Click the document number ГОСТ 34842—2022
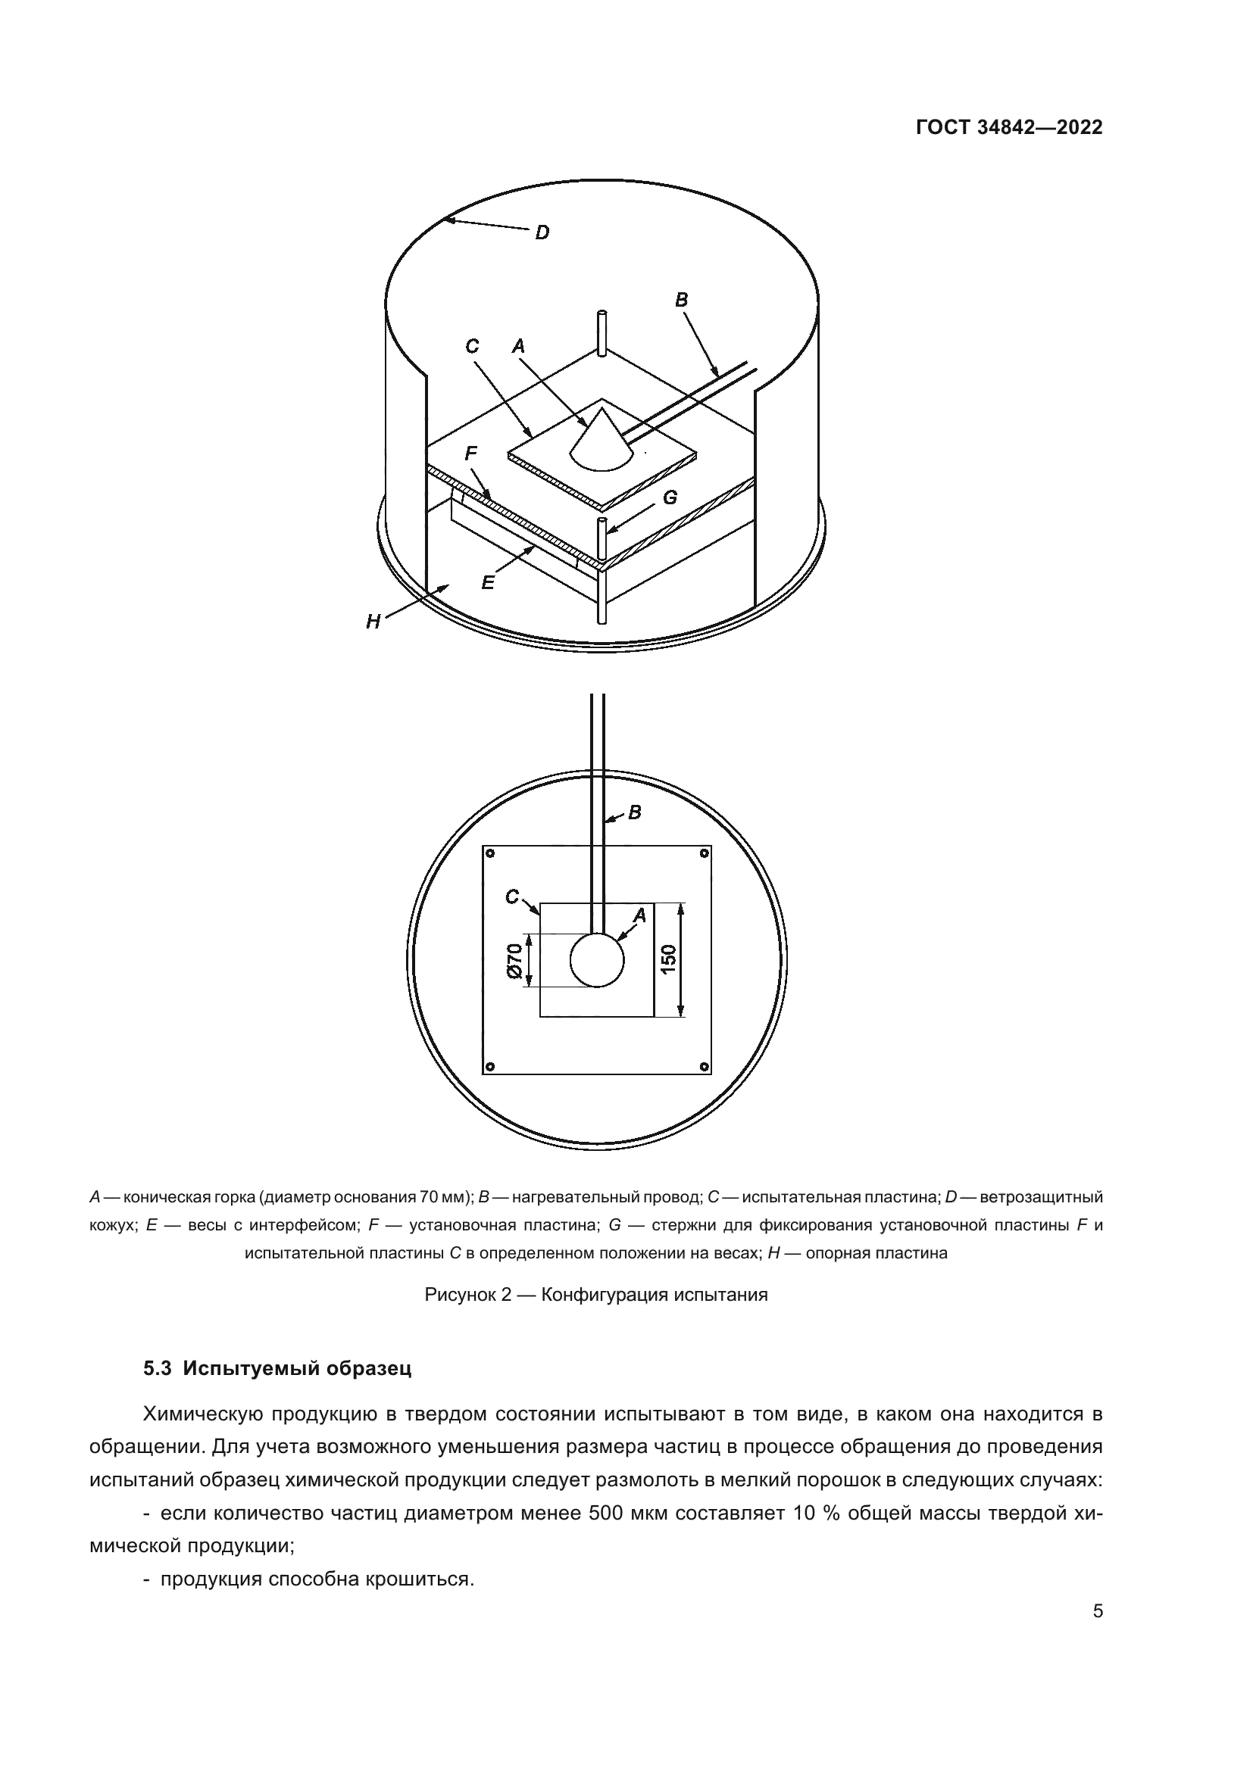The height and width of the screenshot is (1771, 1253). click(1008, 127)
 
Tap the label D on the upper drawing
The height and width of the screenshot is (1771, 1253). click(542, 232)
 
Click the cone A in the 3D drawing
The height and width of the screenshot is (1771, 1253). click(601, 444)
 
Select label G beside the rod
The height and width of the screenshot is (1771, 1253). click(670, 498)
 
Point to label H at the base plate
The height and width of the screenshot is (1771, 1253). click(373, 622)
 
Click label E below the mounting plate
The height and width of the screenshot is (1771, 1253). click(488, 583)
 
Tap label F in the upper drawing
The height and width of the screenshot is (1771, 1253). click(470, 454)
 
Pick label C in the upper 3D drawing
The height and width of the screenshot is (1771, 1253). click(472, 347)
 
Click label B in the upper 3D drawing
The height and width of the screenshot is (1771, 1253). click(681, 300)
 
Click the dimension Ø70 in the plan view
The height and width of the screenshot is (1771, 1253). click(514, 960)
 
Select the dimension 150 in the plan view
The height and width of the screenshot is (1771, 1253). click(668, 959)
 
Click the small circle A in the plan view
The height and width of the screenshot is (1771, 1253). click(596, 960)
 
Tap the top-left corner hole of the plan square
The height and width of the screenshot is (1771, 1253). click(489, 853)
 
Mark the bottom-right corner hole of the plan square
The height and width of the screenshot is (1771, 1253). click(704, 1067)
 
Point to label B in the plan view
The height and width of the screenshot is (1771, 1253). click(635, 812)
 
